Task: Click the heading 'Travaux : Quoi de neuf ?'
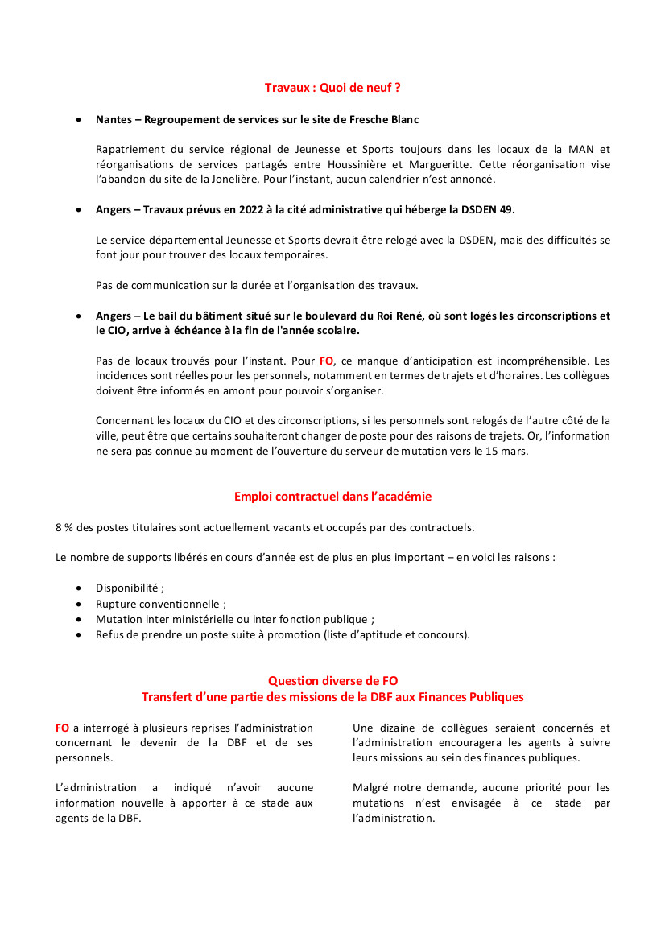332,87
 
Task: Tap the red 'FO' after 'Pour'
327,361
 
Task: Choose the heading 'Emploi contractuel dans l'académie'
332,497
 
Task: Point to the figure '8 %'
64,527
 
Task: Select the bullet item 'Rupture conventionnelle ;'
161,604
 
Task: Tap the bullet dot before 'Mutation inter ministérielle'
78,619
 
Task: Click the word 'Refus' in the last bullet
109,634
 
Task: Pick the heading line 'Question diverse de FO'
332,681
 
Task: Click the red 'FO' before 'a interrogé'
62,728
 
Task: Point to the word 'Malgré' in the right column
369,787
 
